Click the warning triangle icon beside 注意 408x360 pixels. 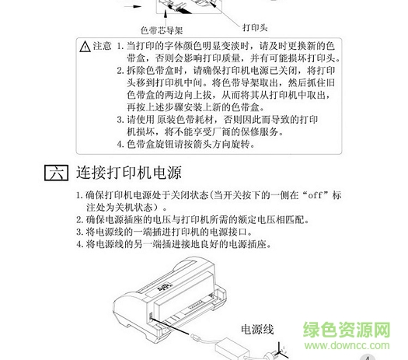click(85, 47)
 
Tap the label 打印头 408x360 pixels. click(255, 27)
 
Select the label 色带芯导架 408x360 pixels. click(162, 30)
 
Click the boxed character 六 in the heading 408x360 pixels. click(57, 173)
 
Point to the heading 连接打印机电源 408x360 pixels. click(129, 173)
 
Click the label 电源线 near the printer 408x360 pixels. click(257, 329)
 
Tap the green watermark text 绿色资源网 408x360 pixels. click(347, 330)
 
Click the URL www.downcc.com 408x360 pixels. click(347, 345)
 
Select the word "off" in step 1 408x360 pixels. click(316, 195)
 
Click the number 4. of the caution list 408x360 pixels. click(120, 144)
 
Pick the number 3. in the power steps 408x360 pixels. click(79, 232)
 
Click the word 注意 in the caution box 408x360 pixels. click(102, 46)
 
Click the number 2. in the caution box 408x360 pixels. click(120, 71)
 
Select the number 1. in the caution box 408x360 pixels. click(120, 46)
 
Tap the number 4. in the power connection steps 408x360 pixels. click(79, 244)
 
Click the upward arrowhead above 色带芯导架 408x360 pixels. click(166, 13)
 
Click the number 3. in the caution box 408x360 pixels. click(120, 120)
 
